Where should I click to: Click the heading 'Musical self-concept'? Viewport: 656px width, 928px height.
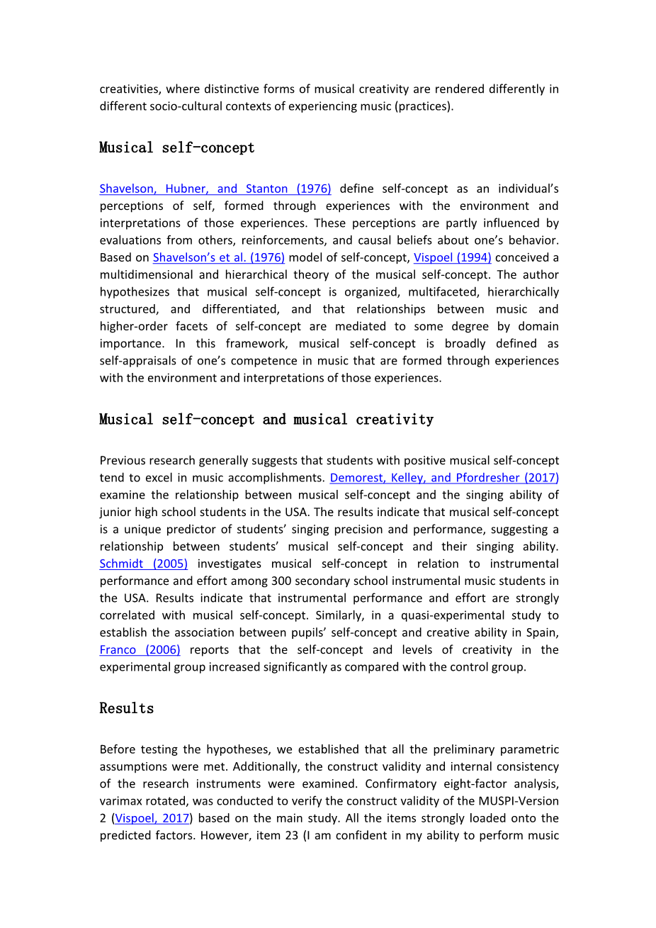(x=176, y=147)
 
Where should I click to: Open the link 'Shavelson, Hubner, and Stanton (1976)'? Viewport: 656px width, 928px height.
(x=215, y=189)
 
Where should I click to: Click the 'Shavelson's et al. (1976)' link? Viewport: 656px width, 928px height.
(x=219, y=257)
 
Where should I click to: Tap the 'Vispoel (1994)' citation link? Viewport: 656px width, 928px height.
(x=452, y=257)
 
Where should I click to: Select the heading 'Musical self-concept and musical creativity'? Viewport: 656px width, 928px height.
(x=266, y=420)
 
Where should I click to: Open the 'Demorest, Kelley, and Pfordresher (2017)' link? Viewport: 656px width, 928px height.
(x=444, y=478)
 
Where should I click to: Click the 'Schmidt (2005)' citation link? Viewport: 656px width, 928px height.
(x=144, y=564)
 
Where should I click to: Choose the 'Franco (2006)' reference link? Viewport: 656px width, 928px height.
(x=140, y=650)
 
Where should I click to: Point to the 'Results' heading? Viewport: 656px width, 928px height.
(x=126, y=708)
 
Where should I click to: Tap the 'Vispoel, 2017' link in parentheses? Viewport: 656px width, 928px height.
(x=152, y=818)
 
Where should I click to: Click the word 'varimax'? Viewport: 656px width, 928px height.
(x=122, y=801)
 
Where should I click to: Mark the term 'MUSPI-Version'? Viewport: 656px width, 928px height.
(x=518, y=801)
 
